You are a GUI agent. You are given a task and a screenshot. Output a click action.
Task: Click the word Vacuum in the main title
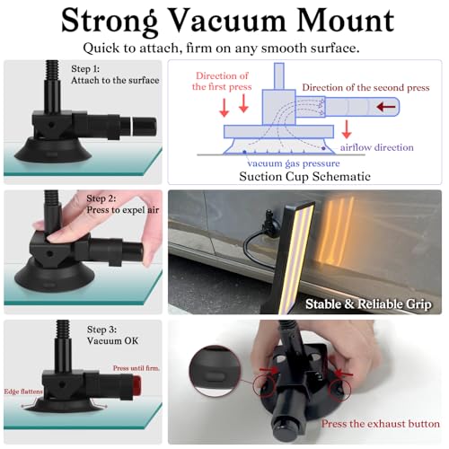point(226,21)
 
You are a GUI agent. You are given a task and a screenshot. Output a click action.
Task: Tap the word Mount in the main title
point(345,21)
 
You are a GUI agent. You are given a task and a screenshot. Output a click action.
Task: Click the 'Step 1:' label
point(85,69)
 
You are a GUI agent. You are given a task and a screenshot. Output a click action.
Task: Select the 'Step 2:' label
point(101,198)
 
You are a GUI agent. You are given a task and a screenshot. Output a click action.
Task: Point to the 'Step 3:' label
point(101,330)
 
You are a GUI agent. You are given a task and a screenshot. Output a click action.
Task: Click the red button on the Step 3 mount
point(136,386)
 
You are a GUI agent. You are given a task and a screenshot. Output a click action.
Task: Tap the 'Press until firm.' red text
point(136,368)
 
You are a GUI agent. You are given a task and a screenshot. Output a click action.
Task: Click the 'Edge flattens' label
point(23,392)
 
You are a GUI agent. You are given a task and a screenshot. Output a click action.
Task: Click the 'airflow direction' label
point(377,147)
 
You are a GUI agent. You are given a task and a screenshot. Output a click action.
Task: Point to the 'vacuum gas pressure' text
point(294,163)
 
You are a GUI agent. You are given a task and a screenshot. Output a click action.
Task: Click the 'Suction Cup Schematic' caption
point(304,177)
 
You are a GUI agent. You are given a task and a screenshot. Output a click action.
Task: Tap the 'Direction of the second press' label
point(365,87)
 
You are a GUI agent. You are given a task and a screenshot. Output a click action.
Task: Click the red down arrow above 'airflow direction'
point(347,129)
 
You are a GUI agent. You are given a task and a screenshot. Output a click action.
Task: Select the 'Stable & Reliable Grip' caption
point(368,304)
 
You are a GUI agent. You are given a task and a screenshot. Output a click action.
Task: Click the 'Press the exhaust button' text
point(381,424)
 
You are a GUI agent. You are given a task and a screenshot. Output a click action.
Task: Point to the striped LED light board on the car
point(296,258)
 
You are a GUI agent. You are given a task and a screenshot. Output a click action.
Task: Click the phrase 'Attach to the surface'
point(115,80)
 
